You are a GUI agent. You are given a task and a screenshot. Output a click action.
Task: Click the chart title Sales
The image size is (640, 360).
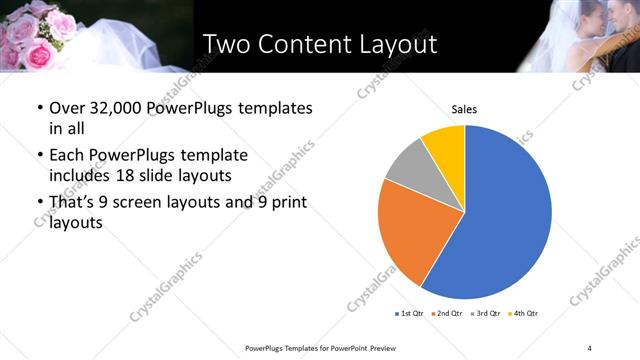pos(464,107)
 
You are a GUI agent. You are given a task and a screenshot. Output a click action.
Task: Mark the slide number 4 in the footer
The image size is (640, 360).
pos(590,347)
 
